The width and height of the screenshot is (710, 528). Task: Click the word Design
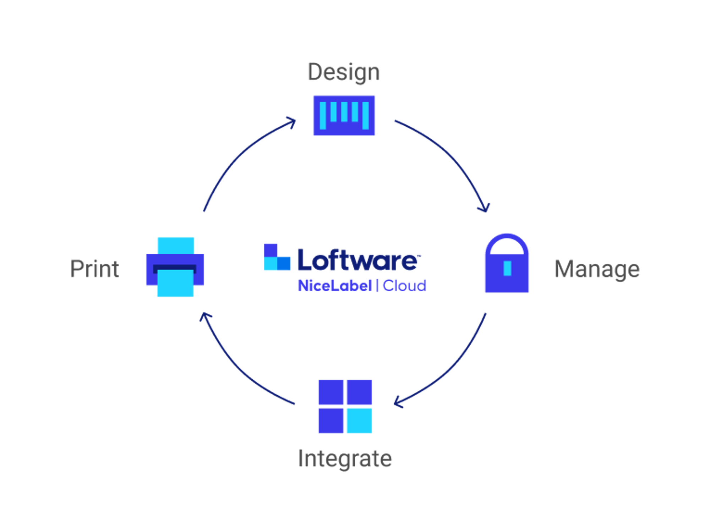[343, 72]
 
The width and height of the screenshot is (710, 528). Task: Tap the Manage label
[597, 269]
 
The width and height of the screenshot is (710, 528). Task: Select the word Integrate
[345, 458]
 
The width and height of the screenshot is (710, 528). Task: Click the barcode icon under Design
[344, 116]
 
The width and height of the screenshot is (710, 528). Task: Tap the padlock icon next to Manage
[507, 264]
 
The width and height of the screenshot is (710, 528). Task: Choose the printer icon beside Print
[175, 267]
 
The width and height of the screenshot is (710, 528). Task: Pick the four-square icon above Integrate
[345, 406]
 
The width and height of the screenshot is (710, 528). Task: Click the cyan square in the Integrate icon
[359, 421]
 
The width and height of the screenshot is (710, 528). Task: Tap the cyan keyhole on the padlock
[507, 268]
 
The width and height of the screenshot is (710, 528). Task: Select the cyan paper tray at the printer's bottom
[175, 284]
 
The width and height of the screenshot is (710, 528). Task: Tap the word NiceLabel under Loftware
[334, 285]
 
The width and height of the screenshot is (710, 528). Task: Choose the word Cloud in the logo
[404, 285]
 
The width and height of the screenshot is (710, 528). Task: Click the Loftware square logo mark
[277, 258]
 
